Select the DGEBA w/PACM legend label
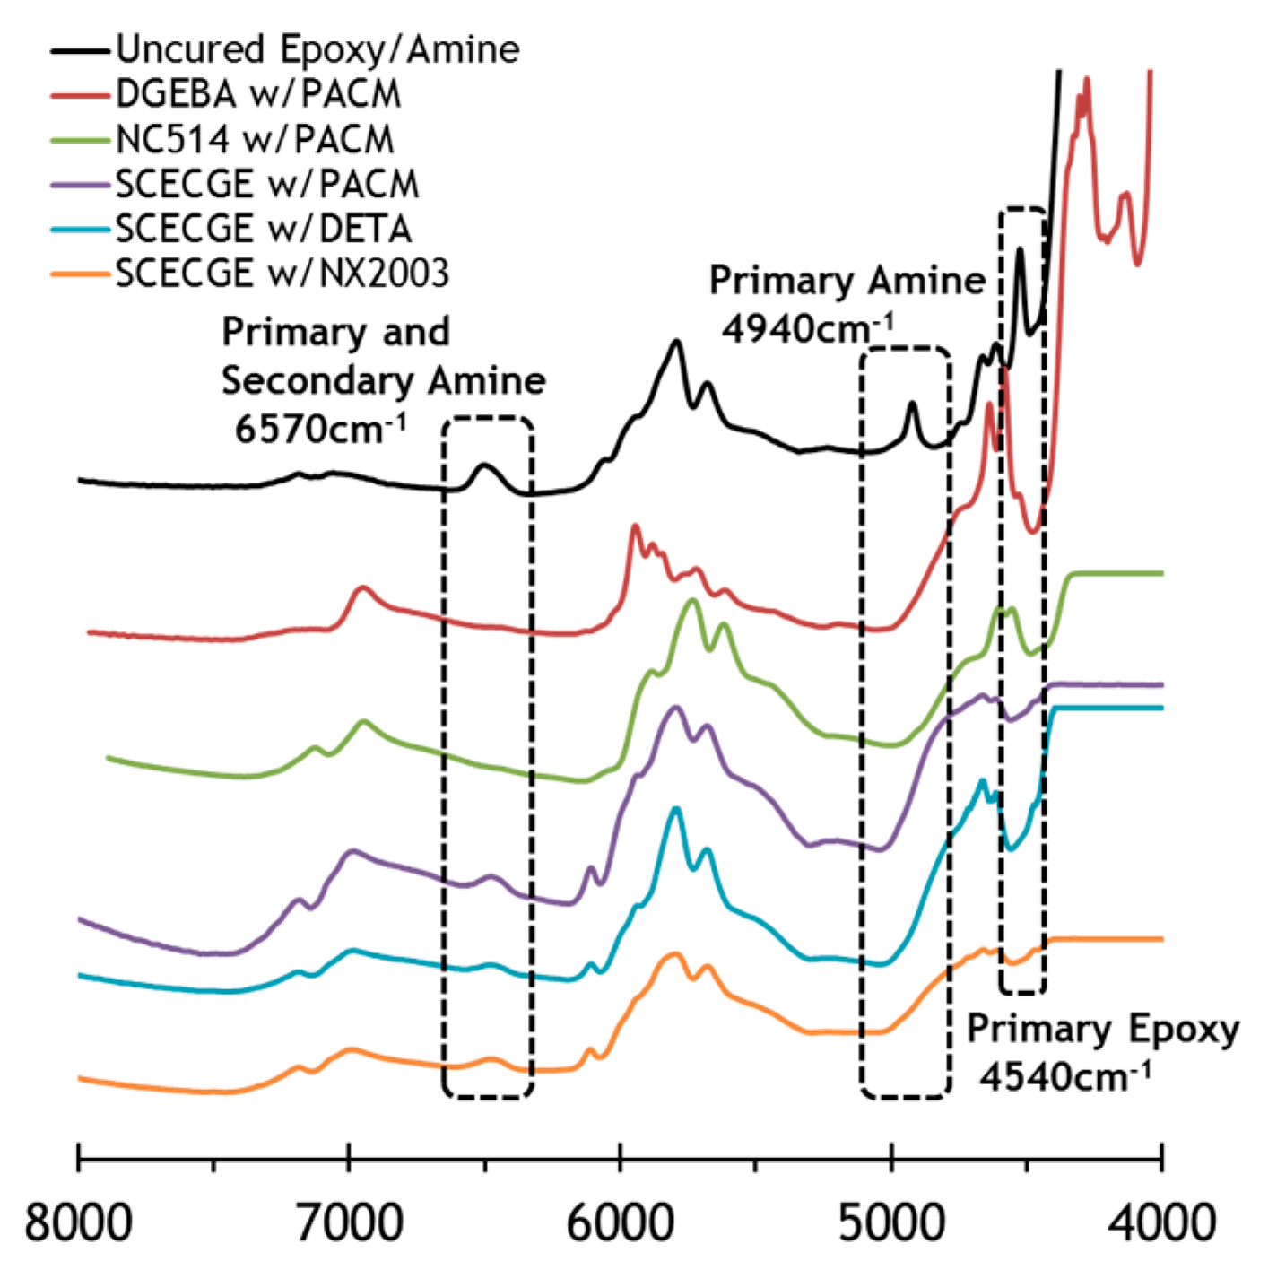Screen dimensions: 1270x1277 (x=258, y=94)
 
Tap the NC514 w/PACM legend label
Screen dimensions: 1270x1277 (x=255, y=139)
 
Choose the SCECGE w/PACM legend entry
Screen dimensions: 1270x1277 (x=267, y=184)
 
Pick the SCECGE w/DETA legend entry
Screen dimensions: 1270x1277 (x=264, y=229)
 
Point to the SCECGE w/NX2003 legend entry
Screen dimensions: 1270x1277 (x=282, y=274)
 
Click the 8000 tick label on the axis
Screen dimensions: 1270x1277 (x=79, y=1223)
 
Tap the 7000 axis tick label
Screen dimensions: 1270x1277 (x=350, y=1223)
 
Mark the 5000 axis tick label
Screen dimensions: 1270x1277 (x=891, y=1223)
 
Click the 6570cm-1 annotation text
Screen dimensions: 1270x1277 (x=320, y=429)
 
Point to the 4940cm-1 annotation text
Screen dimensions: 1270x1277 (x=807, y=329)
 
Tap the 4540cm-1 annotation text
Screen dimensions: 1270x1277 (x=1064, y=1075)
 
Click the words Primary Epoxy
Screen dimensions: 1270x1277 (x=1102, y=1030)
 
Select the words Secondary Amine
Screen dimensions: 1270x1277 (x=384, y=381)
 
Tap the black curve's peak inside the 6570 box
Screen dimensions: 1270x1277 (x=484, y=465)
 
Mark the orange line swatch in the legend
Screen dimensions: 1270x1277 (x=81, y=274)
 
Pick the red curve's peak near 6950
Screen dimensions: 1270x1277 (x=363, y=587)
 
